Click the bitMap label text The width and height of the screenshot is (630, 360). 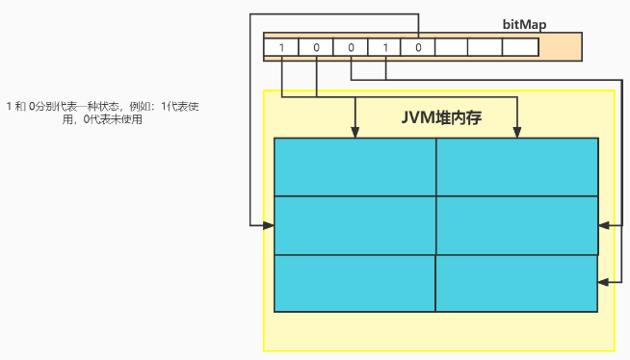pyautogui.click(x=525, y=24)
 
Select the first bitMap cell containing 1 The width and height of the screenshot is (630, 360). pyautogui.click(x=281, y=46)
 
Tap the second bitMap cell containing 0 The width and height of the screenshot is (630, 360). pyautogui.click(x=316, y=46)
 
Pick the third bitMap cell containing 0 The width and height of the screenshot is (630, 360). pyautogui.click(x=350, y=46)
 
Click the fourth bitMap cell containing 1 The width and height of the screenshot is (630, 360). pyautogui.click(x=384, y=46)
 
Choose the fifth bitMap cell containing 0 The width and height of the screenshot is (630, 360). pyautogui.click(x=418, y=46)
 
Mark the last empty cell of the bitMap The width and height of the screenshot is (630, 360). pyautogui.click(x=519, y=46)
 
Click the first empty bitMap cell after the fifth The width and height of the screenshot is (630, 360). pyautogui.click(x=452, y=46)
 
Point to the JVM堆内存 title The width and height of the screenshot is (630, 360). pyautogui.click(x=440, y=118)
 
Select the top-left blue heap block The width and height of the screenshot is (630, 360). pyautogui.click(x=355, y=167)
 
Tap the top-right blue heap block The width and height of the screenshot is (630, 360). pyautogui.click(x=517, y=167)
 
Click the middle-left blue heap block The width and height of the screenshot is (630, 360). pyautogui.click(x=355, y=225)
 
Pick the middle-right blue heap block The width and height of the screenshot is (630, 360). pyautogui.click(x=517, y=225)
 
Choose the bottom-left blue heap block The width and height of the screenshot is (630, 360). pyautogui.click(x=355, y=283)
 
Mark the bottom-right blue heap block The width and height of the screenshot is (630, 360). pyautogui.click(x=517, y=283)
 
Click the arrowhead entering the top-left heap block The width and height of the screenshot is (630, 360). pyautogui.click(x=356, y=133)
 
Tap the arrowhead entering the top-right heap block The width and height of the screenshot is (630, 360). pyautogui.click(x=518, y=133)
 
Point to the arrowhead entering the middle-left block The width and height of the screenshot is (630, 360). pyautogui.click(x=269, y=225)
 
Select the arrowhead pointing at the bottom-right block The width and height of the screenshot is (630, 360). pyautogui.click(x=604, y=282)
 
